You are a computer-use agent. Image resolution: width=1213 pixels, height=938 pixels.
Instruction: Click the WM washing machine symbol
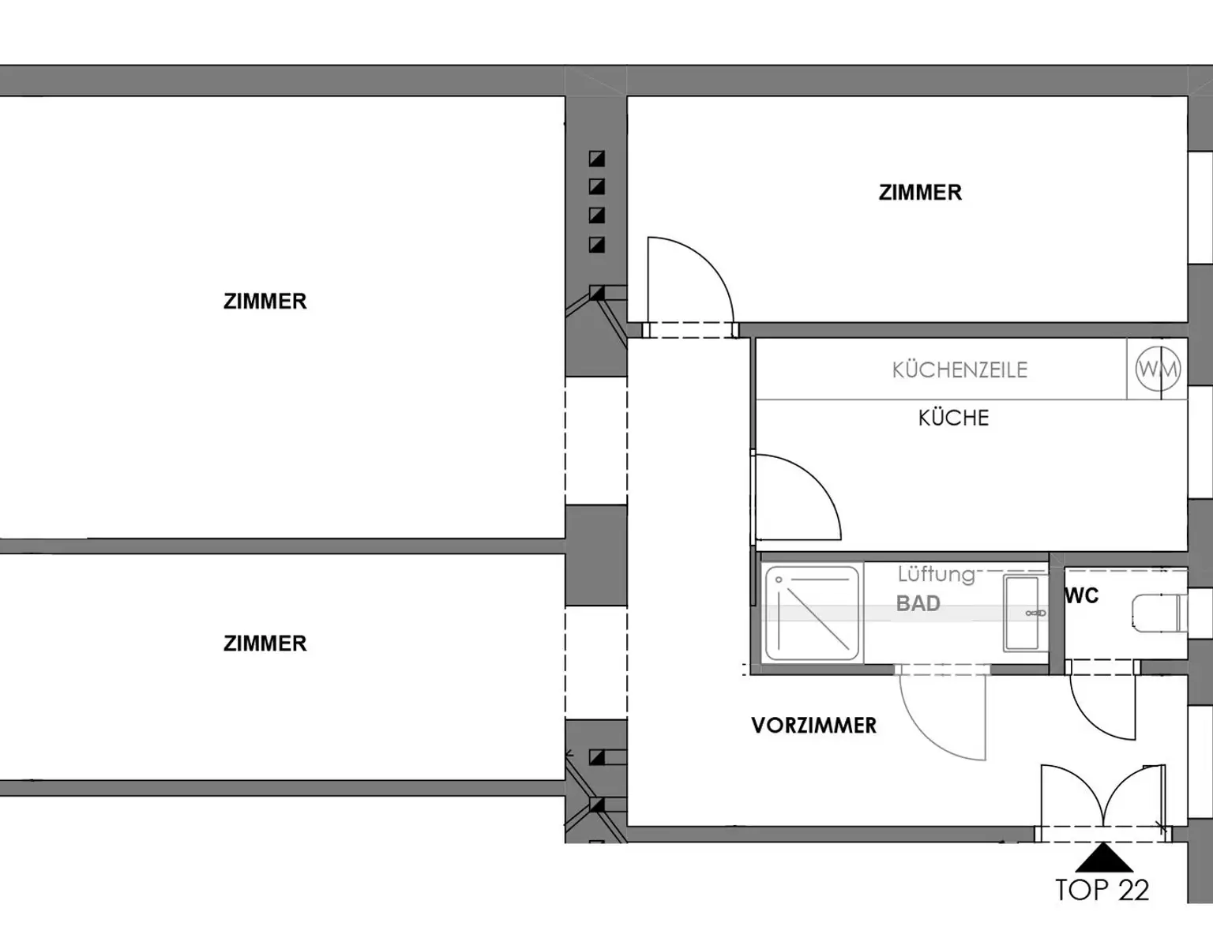1158,369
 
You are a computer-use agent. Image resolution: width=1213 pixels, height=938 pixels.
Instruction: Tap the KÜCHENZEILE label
960,370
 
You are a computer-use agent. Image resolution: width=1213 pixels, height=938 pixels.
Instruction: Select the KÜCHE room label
953,418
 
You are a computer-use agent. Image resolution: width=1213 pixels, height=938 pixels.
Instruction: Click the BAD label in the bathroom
918,603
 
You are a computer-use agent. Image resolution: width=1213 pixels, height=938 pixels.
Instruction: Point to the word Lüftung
936,574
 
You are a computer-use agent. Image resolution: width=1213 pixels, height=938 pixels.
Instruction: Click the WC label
1081,596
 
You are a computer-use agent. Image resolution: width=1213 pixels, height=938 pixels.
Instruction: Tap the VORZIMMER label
814,726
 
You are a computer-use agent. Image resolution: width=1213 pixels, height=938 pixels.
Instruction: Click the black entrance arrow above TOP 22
1103,857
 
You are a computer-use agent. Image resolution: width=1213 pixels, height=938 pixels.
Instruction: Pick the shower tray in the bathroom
812,613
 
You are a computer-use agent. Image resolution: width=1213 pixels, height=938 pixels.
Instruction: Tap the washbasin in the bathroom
1021,613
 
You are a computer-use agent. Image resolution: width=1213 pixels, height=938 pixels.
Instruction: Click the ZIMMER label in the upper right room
920,193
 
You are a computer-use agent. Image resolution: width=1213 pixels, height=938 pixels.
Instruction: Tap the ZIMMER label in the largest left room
265,302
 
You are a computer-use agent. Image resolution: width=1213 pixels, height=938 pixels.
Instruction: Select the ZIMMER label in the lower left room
265,643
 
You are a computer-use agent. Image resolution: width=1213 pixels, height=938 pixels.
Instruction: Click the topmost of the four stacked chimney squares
597,159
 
